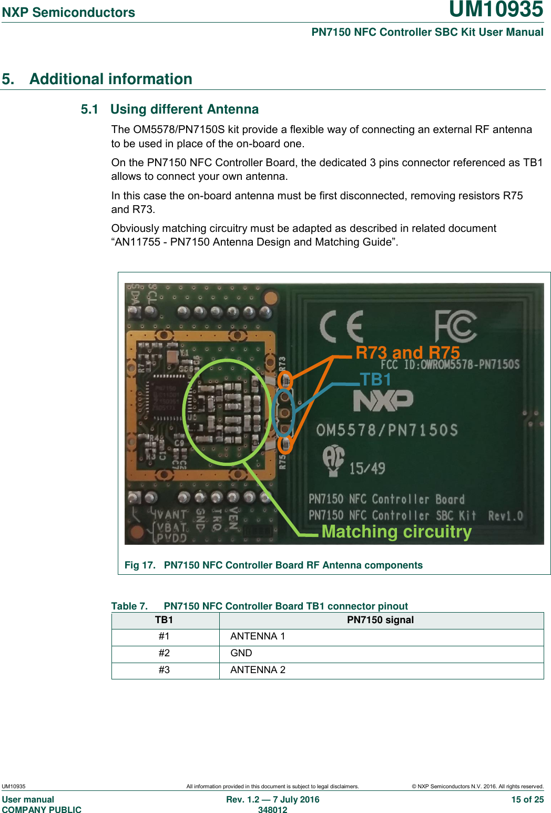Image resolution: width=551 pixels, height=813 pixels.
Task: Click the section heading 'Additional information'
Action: [x=110, y=79]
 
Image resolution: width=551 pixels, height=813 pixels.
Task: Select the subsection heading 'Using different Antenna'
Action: [x=184, y=109]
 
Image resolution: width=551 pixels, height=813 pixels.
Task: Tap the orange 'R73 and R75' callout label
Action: [x=407, y=352]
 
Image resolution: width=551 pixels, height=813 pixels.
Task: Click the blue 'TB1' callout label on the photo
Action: [x=375, y=380]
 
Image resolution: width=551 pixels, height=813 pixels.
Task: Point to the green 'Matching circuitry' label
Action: [x=396, y=532]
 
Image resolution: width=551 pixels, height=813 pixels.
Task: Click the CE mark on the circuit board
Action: [x=342, y=326]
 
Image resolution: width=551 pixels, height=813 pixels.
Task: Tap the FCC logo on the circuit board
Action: [x=455, y=326]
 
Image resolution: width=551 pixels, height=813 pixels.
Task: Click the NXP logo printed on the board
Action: [x=383, y=401]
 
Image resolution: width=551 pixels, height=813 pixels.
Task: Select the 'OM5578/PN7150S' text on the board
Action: [x=387, y=430]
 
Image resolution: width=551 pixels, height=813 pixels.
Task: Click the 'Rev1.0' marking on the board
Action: [x=505, y=516]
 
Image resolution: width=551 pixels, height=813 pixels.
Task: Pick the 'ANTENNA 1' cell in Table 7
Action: [x=258, y=636]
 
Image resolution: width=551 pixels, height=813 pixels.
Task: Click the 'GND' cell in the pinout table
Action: [x=241, y=653]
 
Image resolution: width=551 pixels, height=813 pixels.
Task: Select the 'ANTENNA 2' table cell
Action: [x=258, y=670]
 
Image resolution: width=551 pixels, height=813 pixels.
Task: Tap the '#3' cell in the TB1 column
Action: [x=164, y=670]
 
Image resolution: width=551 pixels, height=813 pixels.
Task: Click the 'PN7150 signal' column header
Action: [x=380, y=620]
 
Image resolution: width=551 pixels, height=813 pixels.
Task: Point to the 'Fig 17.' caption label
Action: [x=140, y=565]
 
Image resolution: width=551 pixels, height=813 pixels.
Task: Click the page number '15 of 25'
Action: [x=527, y=799]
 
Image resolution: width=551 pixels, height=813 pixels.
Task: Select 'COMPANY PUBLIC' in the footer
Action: [x=42, y=810]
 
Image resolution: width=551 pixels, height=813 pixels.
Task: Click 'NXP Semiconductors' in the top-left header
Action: [x=68, y=12]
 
